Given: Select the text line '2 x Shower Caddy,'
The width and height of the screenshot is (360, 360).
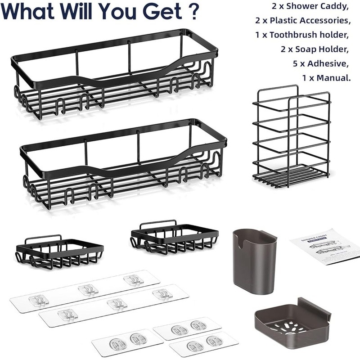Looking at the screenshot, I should [x=310, y=8].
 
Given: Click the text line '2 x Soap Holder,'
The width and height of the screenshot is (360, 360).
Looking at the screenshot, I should [x=318, y=49].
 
